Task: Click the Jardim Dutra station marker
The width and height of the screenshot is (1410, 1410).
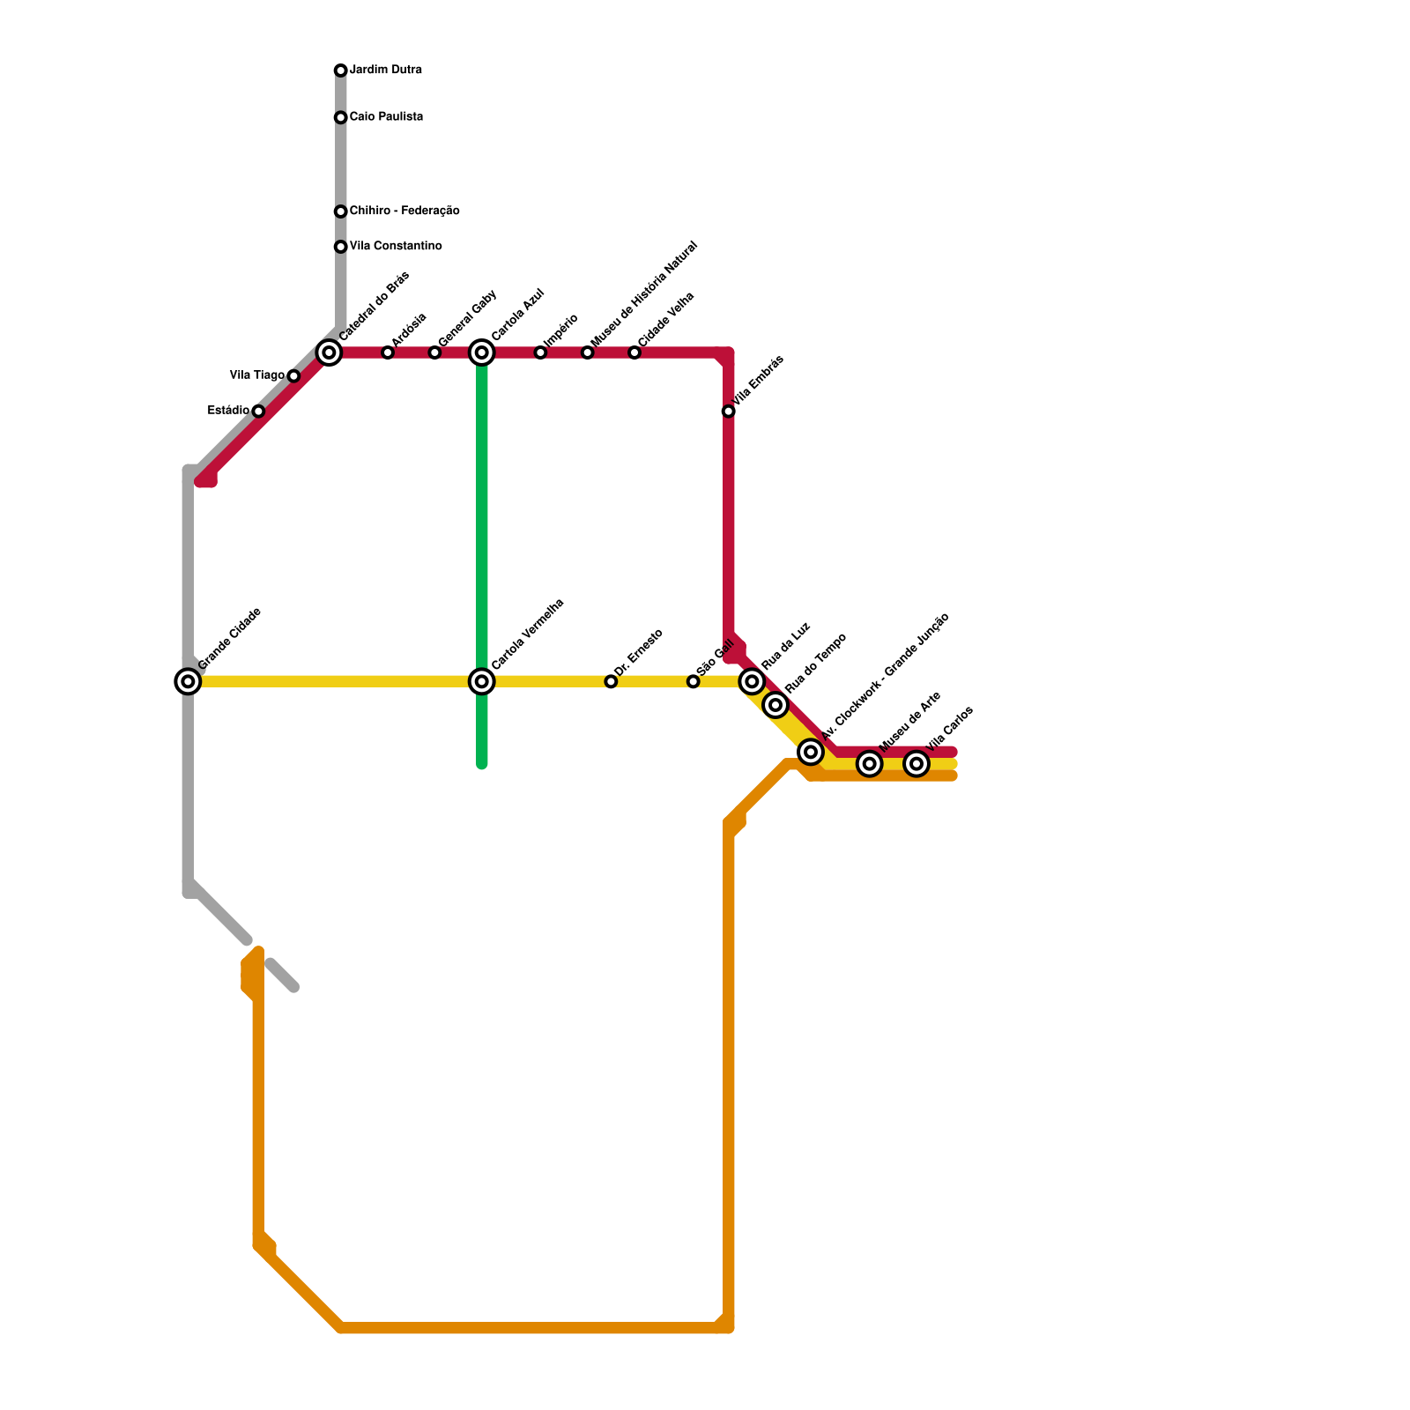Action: coord(340,70)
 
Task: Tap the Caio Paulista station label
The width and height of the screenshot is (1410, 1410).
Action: coord(386,117)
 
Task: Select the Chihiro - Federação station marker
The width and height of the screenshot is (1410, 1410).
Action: coord(340,211)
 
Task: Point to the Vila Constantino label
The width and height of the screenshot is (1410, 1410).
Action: coord(396,247)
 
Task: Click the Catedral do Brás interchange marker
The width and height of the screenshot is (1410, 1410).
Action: coord(329,352)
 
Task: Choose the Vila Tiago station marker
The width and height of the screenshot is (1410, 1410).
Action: coord(293,376)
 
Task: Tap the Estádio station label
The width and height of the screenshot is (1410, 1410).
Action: coord(228,411)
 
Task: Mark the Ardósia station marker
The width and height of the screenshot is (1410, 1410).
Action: coord(388,352)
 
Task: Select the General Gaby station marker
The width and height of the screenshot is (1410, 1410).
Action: coord(434,352)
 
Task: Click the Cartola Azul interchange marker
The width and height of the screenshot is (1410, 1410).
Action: coord(482,352)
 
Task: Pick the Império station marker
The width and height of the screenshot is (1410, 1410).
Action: coord(540,352)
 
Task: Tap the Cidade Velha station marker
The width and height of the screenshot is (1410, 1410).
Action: coord(634,352)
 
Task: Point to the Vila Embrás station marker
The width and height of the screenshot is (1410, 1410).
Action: coord(729,412)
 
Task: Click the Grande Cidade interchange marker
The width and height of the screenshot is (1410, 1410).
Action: coord(188,681)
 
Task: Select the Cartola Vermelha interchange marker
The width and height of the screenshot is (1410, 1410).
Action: coord(482,681)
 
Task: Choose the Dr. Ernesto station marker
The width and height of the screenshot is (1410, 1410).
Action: coord(611,681)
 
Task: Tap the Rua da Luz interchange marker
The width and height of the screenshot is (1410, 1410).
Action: coord(752,681)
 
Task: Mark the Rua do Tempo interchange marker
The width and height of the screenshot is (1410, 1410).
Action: coord(775,705)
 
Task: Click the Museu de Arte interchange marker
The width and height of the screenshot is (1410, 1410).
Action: coord(870,764)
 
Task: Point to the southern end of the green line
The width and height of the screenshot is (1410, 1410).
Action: coord(482,764)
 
